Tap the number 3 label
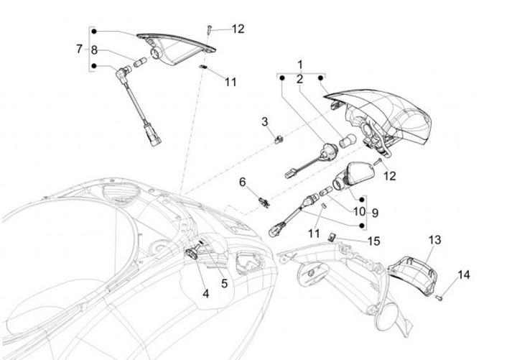click(x=265, y=121)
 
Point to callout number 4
click(x=205, y=293)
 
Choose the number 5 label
click(x=224, y=283)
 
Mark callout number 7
click(x=79, y=50)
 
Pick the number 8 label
click(x=94, y=50)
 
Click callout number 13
click(x=435, y=239)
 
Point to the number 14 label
click(x=464, y=274)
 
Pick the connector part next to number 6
click(x=264, y=199)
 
